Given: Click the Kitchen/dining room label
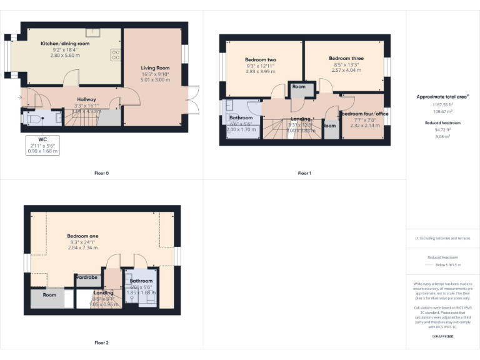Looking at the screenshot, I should pyautogui.click(x=65, y=44).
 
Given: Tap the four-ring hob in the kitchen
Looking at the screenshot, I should pyautogui.click(x=116, y=55).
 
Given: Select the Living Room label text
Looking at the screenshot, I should pyautogui.click(x=155, y=68).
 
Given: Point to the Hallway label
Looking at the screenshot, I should pyautogui.click(x=86, y=99).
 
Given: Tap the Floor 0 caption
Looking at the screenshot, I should pyautogui.click(x=101, y=173).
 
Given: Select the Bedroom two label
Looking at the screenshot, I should pyautogui.click(x=261, y=59).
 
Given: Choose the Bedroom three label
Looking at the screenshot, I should pyautogui.click(x=346, y=58).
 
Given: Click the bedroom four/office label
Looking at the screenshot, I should pyautogui.click(x=365, y=114).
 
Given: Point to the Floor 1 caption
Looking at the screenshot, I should pyautogui.click(x=304, y=173).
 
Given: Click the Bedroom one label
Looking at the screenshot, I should pyautogui.click(x=82, y=236).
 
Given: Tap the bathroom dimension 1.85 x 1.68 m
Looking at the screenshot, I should pyautogui.click(x=141, y=292).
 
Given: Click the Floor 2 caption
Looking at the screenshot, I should pyautogui.click(x=101, y=342).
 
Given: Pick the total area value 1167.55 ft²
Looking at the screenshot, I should pyautogui.click(x=442, y=104).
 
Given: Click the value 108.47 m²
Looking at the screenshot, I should pyautogui.click(x=442, y=110).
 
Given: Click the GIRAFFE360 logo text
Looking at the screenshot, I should pyautogui.click(x=442, y=336).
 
